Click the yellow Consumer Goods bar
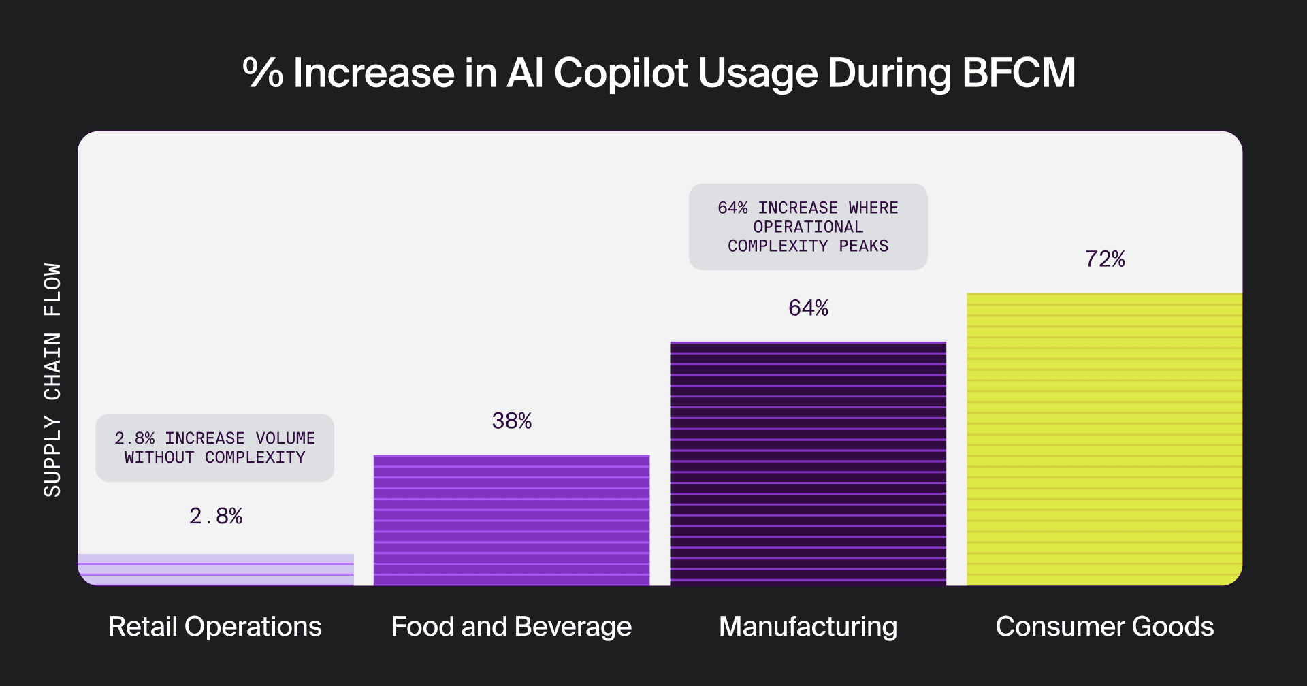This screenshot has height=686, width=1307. tap(1104, 439)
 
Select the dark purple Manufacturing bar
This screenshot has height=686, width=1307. tap(808, 463)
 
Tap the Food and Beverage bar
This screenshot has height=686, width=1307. tap(511, 520)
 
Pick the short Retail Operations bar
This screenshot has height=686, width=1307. tap(216, 570)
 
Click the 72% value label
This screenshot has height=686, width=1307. tap(1105, 259)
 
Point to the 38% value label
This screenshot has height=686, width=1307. tap(512, 421)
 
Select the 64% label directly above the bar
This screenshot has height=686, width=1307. tap(808, 308)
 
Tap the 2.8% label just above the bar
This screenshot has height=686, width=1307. tap(216, 517)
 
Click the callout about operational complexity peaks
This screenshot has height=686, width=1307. tap(808, 227)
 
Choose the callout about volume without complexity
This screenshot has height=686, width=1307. tap(215, 448)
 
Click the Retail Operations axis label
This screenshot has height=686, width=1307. tap(215, 627)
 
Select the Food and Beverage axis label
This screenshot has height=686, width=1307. tap(511, 627)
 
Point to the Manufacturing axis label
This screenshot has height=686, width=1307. tap(808, 627)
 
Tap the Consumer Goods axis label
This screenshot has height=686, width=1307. tap(1104, 627)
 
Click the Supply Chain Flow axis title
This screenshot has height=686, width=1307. tap(52, 380)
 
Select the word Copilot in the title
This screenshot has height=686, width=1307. tap(621, 73)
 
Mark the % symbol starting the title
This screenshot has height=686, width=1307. tap(263, 73)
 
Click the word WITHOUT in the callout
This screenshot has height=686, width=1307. tap(159, 457)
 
